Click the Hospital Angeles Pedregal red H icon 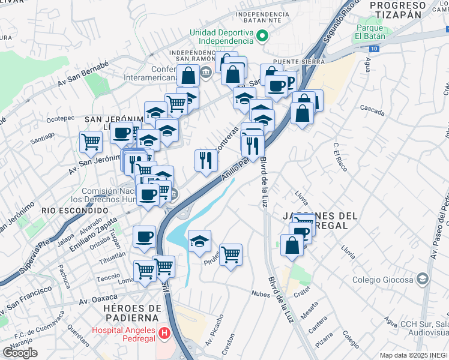coord(163,331)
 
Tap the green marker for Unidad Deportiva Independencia coord(262,36)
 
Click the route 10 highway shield coord(375,47)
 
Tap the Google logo coord(20,353)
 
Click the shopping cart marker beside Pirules coord(231,255)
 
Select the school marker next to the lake coord(199,241)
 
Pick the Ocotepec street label coord(60,119)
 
